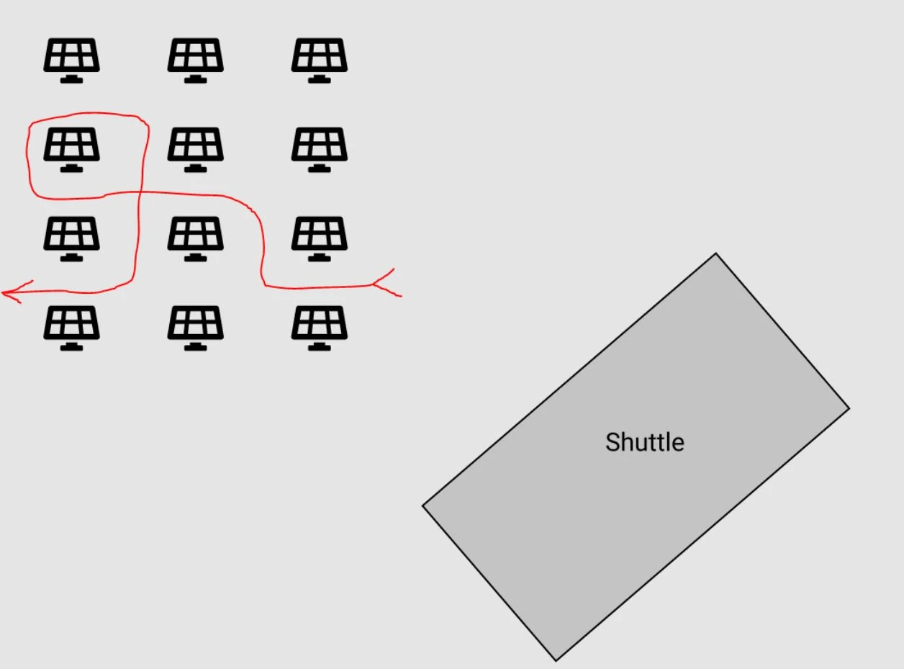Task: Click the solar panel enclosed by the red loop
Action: tap(72, 150)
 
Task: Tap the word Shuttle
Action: tap(645, 442)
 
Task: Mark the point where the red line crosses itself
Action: tap(140, 192)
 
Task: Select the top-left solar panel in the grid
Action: tap(72, 60)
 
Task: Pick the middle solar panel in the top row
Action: tap(196, 60)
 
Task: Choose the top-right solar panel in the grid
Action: tap(320, 60)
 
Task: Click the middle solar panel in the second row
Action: tap(196, 150)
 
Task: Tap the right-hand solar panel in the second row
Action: tap(320, 150)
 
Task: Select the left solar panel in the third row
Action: tap(72, 239)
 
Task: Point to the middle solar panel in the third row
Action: tap(196, 239)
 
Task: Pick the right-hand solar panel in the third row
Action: tap(320, 239)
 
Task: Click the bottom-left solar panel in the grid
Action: tap(72, 328)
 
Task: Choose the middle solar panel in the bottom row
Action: tap(196, 328)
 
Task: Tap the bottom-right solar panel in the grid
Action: tap(320, 328)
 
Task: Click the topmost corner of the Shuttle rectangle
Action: tap(715, 253)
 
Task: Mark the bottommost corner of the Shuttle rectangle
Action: tap(556, 661)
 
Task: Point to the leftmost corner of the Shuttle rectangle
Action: tap(422, 506)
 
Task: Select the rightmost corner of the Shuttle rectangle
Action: tap(850, 408)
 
